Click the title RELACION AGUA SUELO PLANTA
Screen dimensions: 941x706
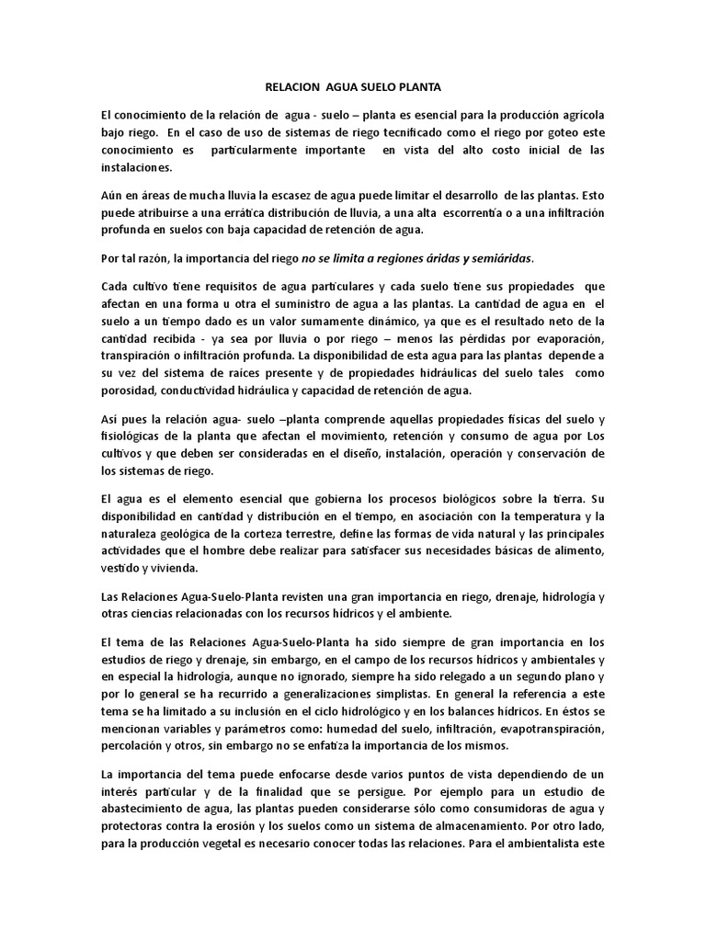point(353,87)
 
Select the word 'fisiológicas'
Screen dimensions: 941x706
point(132,436)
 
